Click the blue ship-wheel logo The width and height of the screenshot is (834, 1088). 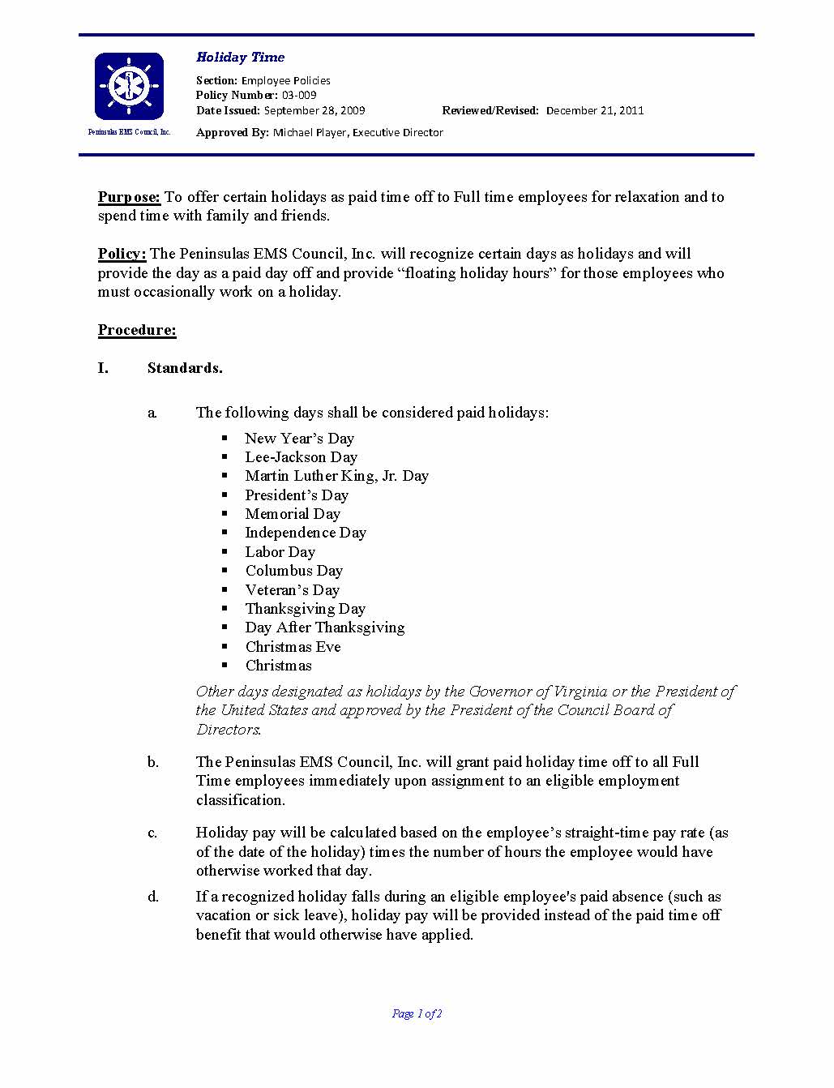pyautogui.click(x=129, y=86)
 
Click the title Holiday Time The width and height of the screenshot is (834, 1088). pyautogui.click(x=240, y=58)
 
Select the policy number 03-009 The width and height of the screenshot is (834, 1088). pyautogui.click(x=299, y=96)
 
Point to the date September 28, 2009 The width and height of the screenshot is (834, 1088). pyautogui.click(x=314, y=110)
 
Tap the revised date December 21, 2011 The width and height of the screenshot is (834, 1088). pyautogui.click(x=595, y=110)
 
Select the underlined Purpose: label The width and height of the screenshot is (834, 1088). pyautogui.click(x=129, y=197)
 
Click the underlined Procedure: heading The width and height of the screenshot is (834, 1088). pyautogui.click(x=137, y=330)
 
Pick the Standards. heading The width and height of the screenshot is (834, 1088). pyautogui.click(x=185, y=368)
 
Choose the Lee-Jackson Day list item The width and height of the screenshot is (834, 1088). pyautogui.click(x=301, y=457)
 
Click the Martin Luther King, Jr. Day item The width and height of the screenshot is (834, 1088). pyautogui.click(x=336, y=476)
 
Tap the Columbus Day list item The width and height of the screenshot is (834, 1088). pyautogui.click(x=293, y=571)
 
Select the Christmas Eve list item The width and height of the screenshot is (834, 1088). pyautogui.click(x=293, y=647)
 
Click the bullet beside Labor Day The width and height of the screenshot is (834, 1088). pyautogui.click(x=226, y=551)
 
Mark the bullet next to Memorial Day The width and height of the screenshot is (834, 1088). pyautogui.click(x=226, y=513)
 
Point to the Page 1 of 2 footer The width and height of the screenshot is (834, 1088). pyautogui.click(x=417, y=1013)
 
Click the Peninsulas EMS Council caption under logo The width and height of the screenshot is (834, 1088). pyautogui.click(x=129, y=132)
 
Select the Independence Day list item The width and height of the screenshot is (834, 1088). pyautogui.click(x=306, y=533)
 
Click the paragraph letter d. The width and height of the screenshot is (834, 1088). pyautogui.click(x=153, y=897)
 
